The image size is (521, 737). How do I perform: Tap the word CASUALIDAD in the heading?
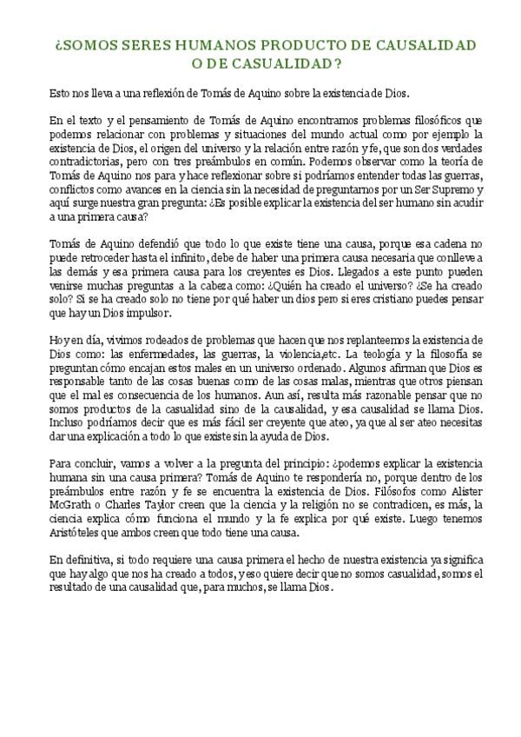[x=285, y=63]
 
